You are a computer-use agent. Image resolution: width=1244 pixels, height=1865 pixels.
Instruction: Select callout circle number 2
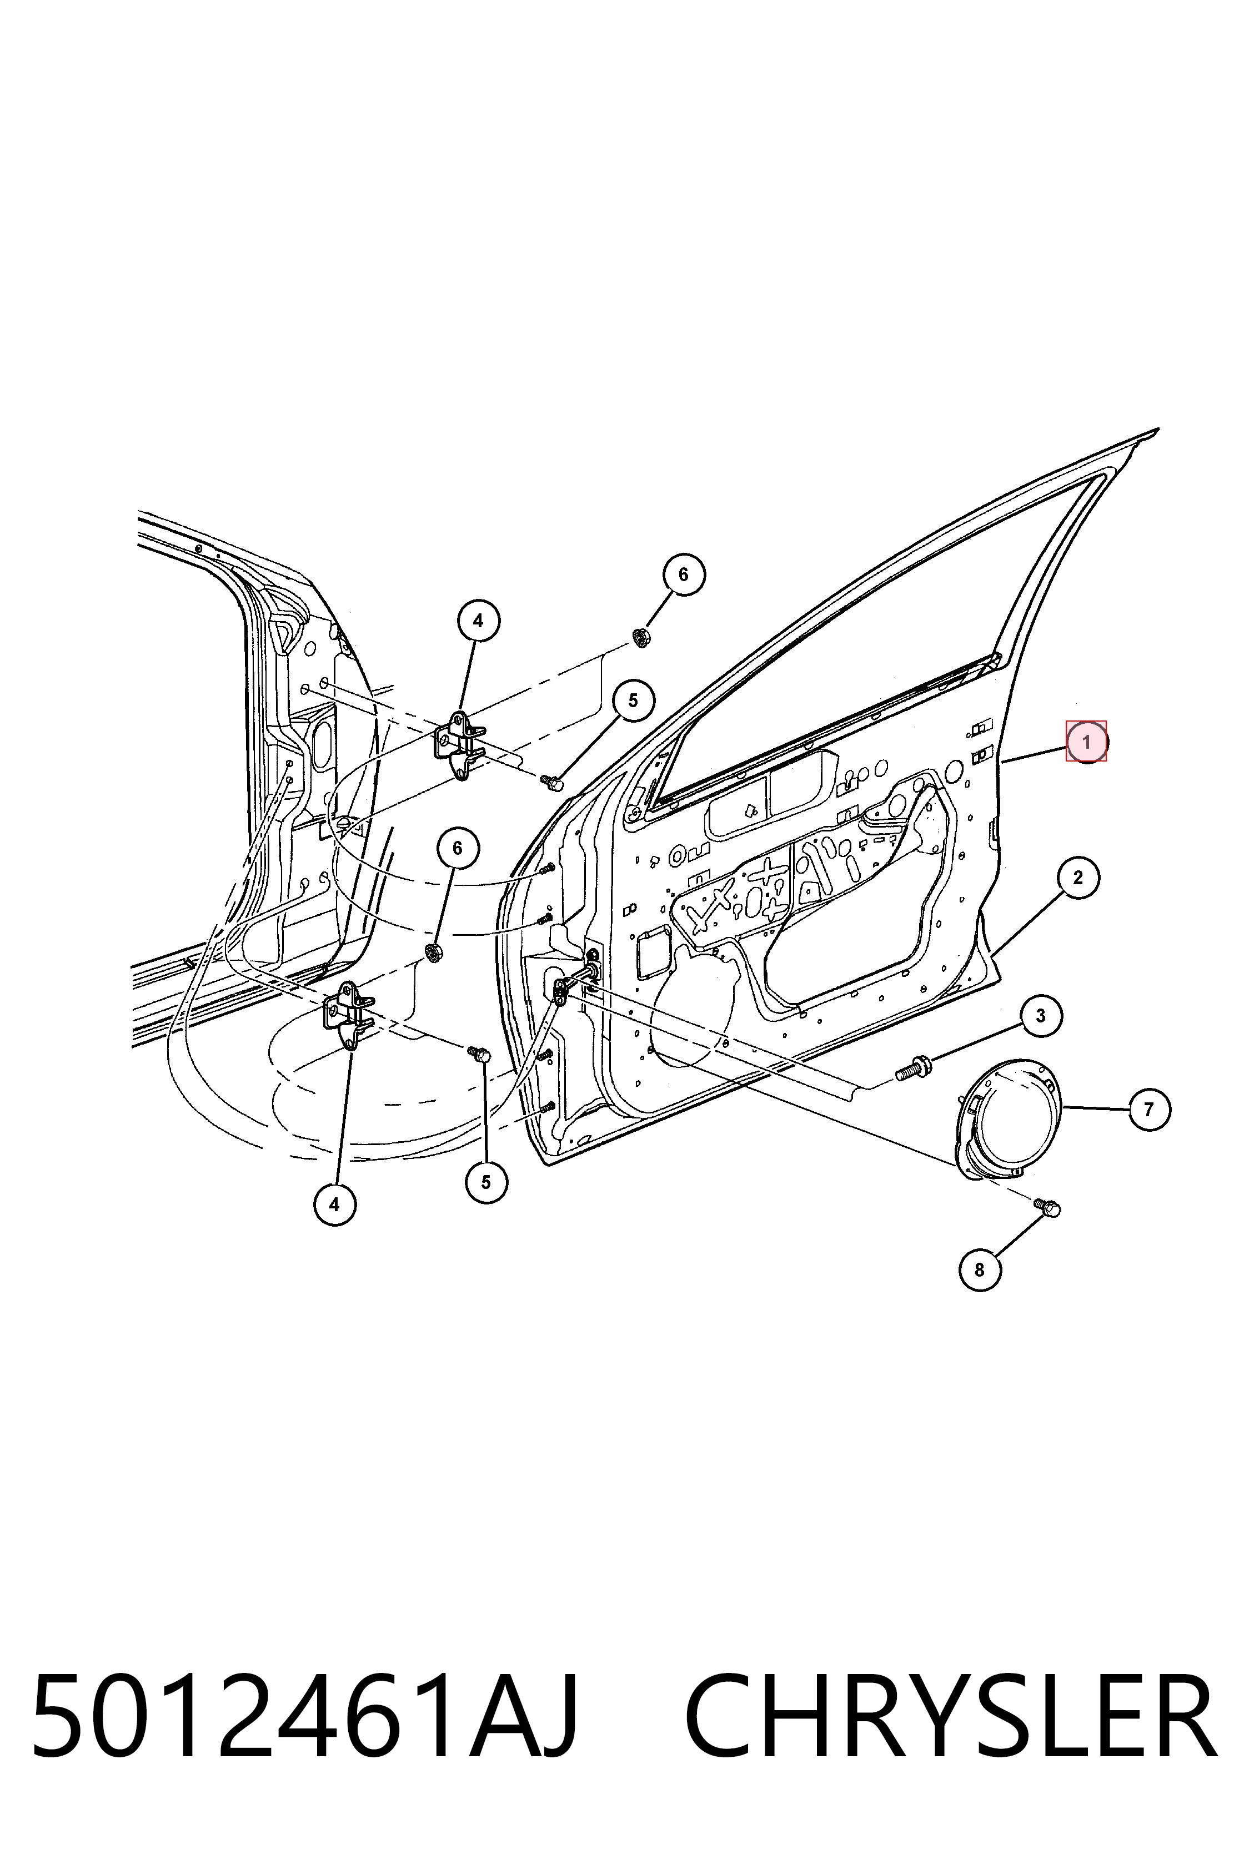1078,878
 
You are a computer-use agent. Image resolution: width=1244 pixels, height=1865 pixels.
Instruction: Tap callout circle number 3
1041,1016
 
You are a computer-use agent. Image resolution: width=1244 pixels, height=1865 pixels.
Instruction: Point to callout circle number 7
1150,1108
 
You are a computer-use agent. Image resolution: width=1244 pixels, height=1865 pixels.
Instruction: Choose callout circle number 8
980,1269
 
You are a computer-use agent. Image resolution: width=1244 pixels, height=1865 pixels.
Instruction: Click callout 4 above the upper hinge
478,621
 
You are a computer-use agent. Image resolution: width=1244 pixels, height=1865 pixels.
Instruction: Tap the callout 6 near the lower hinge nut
458,849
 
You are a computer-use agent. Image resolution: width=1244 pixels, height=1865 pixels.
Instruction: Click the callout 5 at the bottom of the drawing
486,1182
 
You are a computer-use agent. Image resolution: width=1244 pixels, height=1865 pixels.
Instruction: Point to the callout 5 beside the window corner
633,701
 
